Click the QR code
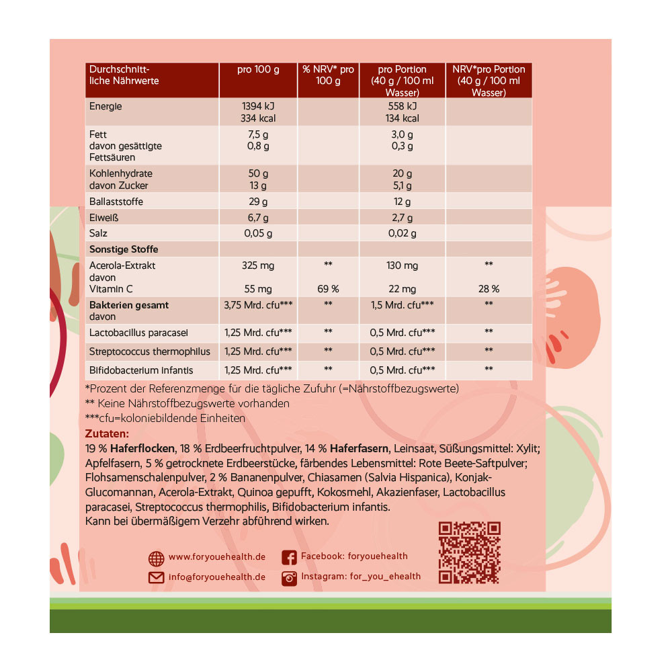pos(470,552)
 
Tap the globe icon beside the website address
pos(156,558)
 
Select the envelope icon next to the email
pos(156,577)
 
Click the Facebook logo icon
pos(290,557)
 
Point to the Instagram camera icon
pos(290,577)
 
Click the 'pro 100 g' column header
pos(258,69)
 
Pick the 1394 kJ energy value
pos(258,106)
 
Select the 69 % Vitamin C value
pos(329,289)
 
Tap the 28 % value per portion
pos(489,289)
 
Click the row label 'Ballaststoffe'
pos(116,202)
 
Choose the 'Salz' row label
pos(99,233)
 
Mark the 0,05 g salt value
pos(258,233)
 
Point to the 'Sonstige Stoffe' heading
pos(124,249)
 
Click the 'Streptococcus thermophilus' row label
pos(150,351)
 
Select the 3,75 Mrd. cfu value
pos(258,305)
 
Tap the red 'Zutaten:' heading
pos(107,434)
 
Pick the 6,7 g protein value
pos(258,218)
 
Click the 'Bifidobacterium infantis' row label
pos(141,370)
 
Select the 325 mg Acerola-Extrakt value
pos(258,265)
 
